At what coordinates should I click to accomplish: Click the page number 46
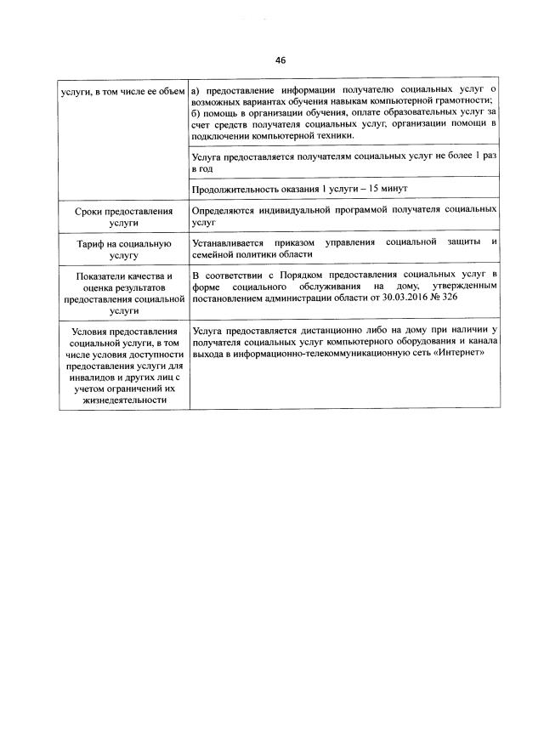[280, 60]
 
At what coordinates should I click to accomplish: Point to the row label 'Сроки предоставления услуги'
[123, 214]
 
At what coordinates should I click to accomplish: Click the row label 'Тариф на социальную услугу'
[123, 248]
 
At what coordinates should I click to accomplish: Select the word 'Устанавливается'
[229, 242]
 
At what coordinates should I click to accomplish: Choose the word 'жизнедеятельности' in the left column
[123, 401]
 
